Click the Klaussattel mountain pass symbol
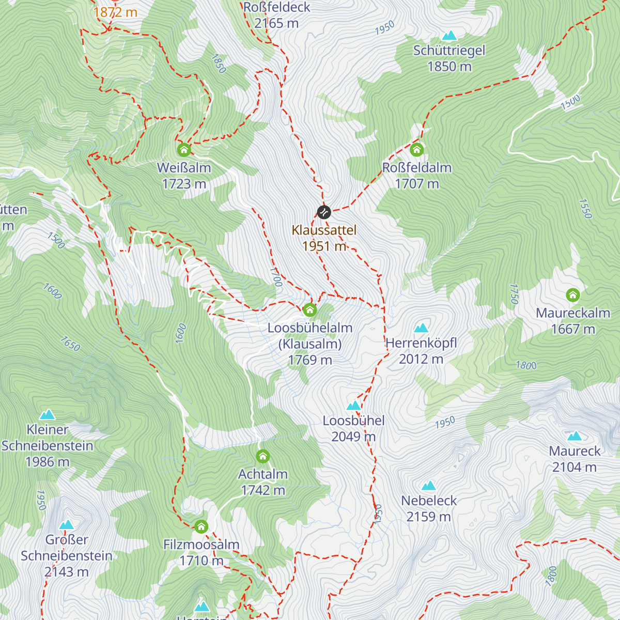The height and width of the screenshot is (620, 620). pyautogui.click(x=324, y=212)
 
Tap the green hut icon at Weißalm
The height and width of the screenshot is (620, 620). pyautogui.click(x=184, y=150)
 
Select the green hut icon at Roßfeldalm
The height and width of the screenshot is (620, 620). pyautogui.click(x=417, y=150)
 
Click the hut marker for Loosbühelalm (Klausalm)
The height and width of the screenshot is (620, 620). pyautogui.click(x=309, y=309)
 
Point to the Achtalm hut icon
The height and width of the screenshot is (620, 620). pyautogui.click(x=263, y=456)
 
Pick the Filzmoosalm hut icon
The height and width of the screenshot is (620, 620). pyautogui.click(x=201, y=526)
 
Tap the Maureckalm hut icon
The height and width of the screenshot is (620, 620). pyautogui.click(x=572, y=295)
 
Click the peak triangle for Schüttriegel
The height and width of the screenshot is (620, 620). pyautogui.click(x=450, y=36)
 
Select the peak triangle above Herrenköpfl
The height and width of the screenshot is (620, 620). pyautogui.click(x=421, y=328)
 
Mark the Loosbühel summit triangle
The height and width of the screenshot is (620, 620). pyautogui.click(x=353, y=406)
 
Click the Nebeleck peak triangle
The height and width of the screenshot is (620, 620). pyautogui.click(x=428, y=486)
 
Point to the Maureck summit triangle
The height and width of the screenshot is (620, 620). pyautogui.click(x=574, y=436)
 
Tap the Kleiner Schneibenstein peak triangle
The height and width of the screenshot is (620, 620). pyautogui.click(x=48, y=414)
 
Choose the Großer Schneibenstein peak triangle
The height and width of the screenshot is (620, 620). pyautogui.click(x=66, y=525)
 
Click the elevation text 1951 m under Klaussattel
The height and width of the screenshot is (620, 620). pyautogui.click(x=324, y=246)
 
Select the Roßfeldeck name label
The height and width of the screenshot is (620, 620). pyautogui.click(x=276, y=7)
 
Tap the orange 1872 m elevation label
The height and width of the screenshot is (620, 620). pyautogui.click(x=115, y=12)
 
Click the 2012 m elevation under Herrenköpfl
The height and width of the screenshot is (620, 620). pyautogui.click(x=421, y=359)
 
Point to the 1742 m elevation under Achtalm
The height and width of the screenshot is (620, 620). pyautogui.click(x=263, y=490)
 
